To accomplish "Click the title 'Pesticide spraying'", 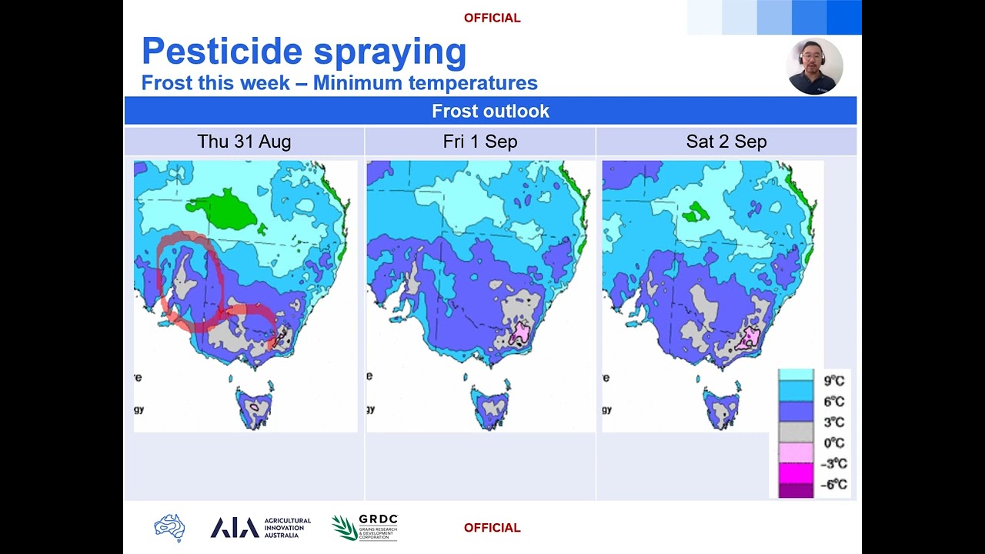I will tap(304, 52).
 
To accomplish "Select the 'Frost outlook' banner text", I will tap(490, 111).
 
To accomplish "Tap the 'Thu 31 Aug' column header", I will tap(244, 142).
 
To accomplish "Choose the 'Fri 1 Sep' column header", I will tap(480, 142).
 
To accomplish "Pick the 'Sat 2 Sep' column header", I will tap(726, 142).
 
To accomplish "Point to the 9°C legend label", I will tap(834, 380).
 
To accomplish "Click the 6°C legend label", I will tap(834, 401).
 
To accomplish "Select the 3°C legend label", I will tap(834, 422).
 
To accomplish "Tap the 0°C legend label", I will tap(834, 442).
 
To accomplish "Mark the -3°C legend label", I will tap(833, 463).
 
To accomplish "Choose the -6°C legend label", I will tap(833, 484).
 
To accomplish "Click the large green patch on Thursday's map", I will tap(224, 210).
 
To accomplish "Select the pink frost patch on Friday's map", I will tap(521, 332).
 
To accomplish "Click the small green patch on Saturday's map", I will tap(698, 211).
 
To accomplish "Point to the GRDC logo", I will tap(365, 527).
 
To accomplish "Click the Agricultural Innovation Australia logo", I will tap(261, 527).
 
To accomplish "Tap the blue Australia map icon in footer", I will tap(169, 528).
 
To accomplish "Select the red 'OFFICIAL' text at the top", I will tap(492, 18).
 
